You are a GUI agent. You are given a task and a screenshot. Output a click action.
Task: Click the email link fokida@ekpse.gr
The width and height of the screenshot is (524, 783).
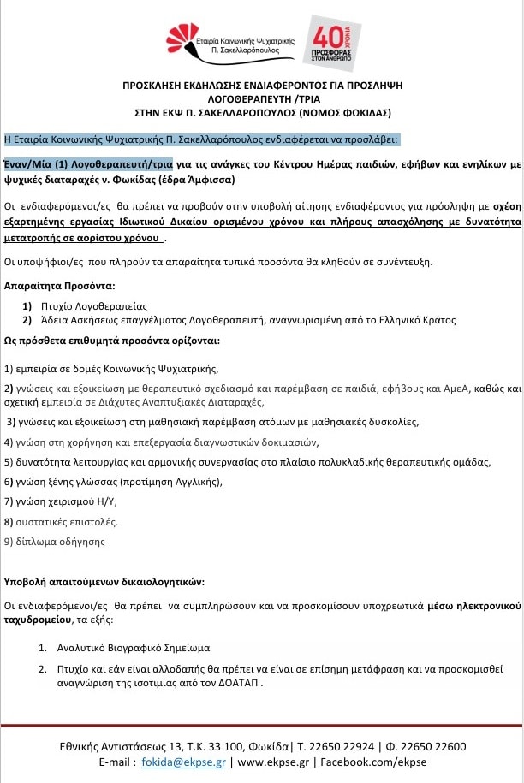click(189, 762)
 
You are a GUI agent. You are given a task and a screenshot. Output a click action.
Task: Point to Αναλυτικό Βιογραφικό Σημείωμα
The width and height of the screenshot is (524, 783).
click(128, 648)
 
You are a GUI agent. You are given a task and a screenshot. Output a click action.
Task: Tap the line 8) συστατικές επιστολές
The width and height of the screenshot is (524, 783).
click(61, 521)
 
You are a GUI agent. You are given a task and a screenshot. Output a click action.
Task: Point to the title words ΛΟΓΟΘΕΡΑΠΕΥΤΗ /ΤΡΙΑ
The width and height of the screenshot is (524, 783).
click(262, 98)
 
